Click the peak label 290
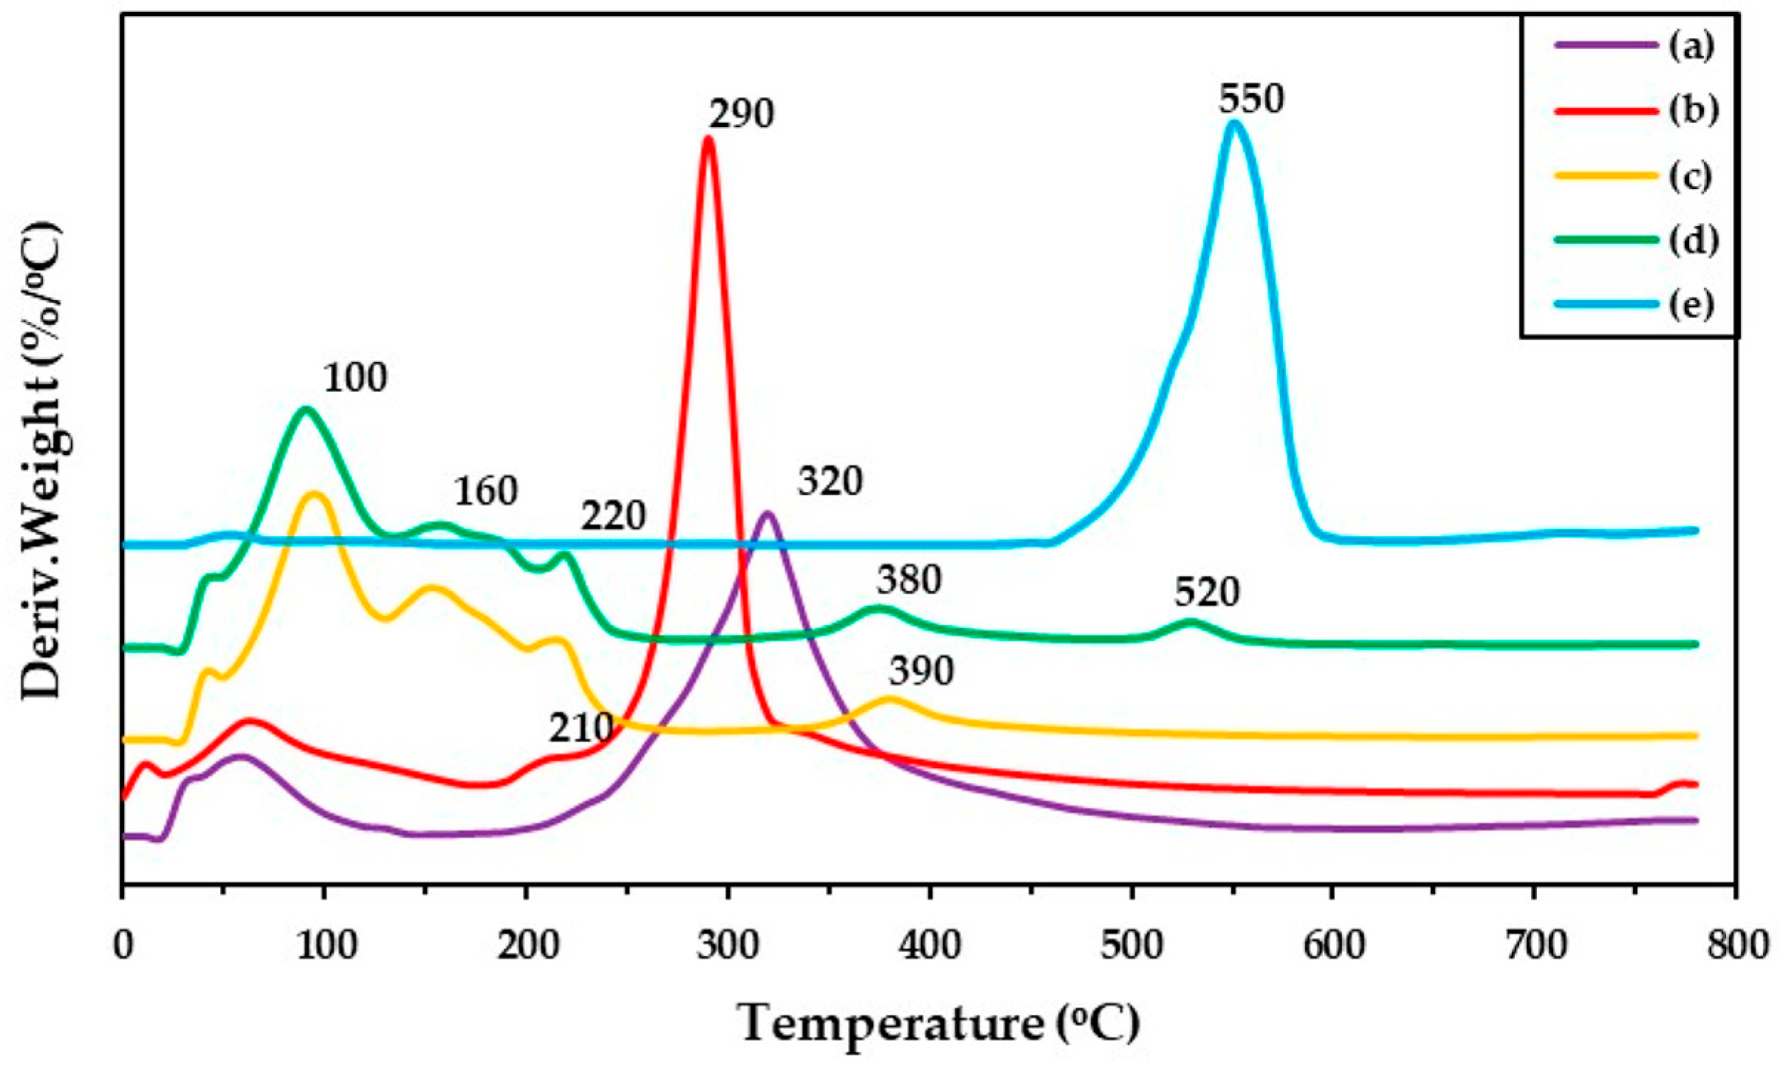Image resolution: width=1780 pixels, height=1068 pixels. click(742, 115)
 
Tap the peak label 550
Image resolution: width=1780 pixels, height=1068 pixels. click(1251, 99)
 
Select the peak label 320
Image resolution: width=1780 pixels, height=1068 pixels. click(830, 482)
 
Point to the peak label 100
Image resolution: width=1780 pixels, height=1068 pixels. click(355, 378)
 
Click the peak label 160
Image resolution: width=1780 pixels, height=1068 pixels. click(485, 492)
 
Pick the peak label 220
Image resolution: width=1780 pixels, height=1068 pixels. click(613, 516)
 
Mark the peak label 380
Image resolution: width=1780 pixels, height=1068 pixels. click(908, 581)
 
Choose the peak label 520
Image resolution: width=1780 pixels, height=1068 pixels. click(1207, 593)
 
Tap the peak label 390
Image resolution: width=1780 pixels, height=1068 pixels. click(921, 671)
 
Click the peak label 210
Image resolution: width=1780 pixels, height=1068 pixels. click(581, 729)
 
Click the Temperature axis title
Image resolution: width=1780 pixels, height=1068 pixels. click(939, 1023)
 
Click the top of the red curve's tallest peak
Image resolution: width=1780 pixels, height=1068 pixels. click(708, 137)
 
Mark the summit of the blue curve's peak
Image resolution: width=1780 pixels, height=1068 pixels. click(1233, 123)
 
